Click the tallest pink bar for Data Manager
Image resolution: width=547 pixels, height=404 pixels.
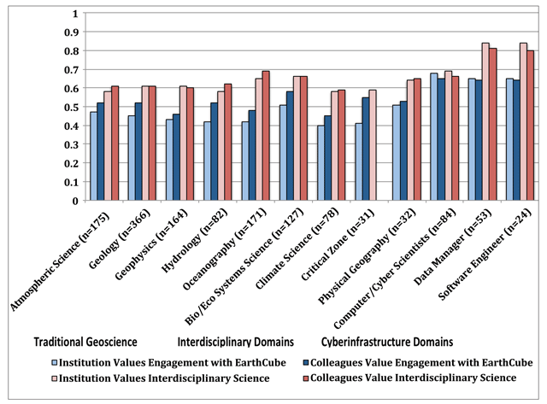click(x=485, y=121)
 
